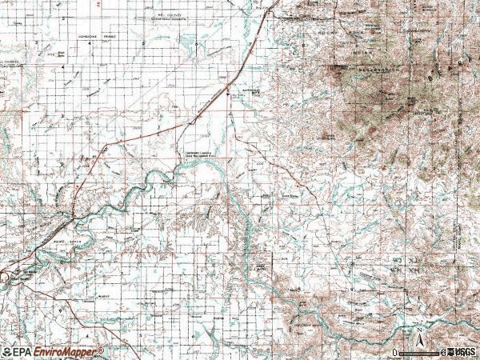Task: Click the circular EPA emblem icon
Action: (7, 352)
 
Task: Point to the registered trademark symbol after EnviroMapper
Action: (102, 350)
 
